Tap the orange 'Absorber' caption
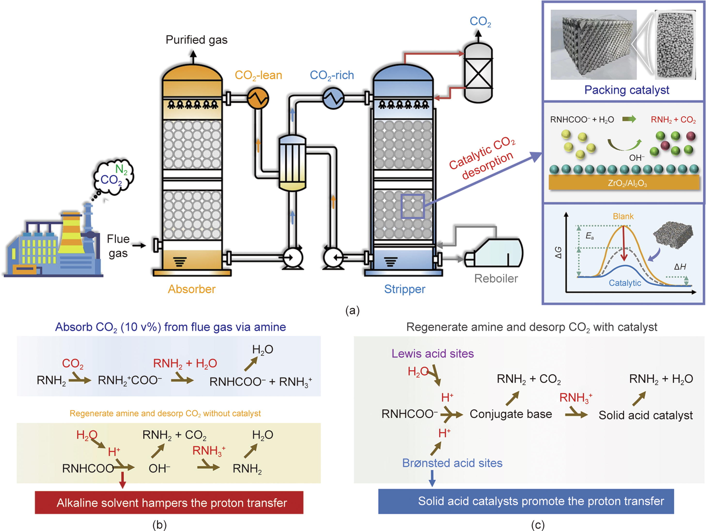192,289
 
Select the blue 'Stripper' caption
404,289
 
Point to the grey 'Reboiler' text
496,278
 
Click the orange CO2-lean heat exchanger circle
258,98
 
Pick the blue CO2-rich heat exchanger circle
333,98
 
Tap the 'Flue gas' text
118,246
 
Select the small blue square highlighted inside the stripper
412,206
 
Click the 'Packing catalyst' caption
627,90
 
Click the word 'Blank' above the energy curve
623,217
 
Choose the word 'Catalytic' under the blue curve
625,283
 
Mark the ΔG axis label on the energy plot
558,253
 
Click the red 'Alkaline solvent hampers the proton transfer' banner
169,503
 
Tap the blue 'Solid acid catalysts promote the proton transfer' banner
526,501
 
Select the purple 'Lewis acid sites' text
433,353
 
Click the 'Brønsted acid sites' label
452,463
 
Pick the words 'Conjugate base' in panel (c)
511,414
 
